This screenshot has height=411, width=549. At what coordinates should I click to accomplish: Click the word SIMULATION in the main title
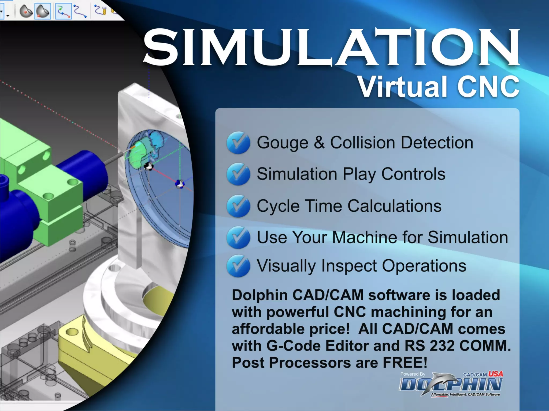[331, 48]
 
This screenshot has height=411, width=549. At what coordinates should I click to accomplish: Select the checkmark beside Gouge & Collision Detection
[238, 142]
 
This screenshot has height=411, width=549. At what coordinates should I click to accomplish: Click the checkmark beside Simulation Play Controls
[238, 174]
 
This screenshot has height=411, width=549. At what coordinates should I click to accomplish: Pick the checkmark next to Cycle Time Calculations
[238, 206]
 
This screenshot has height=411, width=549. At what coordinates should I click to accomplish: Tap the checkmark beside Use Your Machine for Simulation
[238, 237]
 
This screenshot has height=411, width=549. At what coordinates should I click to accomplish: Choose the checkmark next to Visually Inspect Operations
[238, 266]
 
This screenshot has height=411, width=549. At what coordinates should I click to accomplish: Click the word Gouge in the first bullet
[283, 143]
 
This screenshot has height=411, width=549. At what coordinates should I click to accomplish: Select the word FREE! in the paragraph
[405, 363]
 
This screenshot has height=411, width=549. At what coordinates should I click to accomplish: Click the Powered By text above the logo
[413, 374]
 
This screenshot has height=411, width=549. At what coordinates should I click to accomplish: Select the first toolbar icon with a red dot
[26, 12]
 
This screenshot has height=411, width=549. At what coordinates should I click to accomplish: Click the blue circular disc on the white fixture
[161, 187]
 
